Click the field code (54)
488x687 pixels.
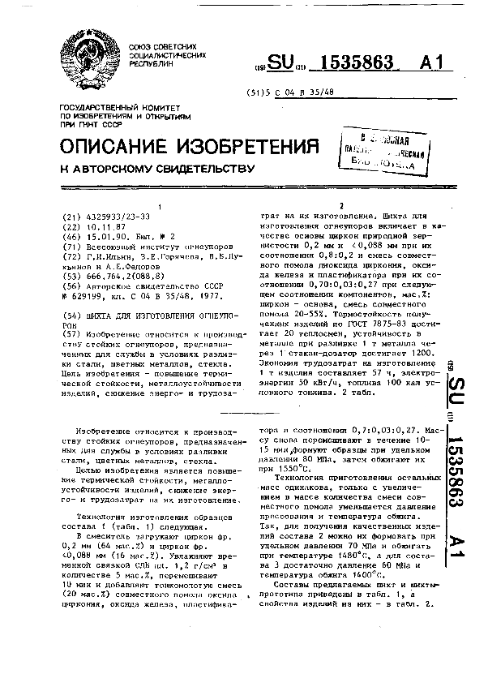[71, 313]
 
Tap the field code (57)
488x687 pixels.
[71, 333]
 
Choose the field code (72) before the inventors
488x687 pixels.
[71, 255]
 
